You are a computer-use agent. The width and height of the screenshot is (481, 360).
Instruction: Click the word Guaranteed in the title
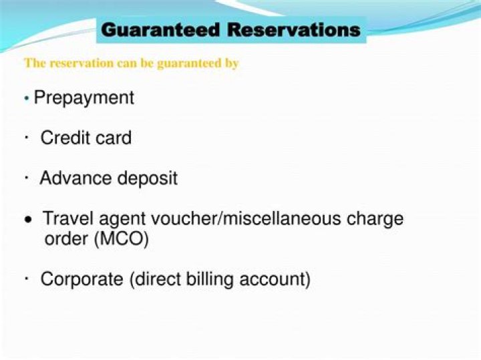click(x=161, y=30)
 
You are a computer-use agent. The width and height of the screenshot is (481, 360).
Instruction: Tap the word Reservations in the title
click(x=293, y=30)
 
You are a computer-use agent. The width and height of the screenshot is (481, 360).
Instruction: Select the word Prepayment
click(x=84, y=98)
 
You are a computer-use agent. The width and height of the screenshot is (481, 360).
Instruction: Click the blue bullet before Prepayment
click(x=26, y=99)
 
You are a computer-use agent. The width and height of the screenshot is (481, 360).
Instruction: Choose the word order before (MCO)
click(x=65, y=238)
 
